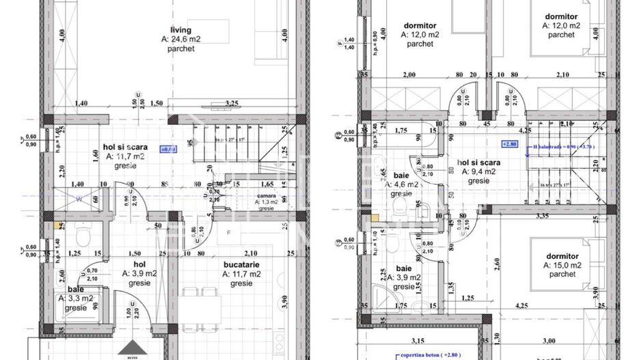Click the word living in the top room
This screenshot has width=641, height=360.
[181, 29]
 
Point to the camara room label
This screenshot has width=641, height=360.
[267, 195]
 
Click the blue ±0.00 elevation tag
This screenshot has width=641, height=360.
[167, 148]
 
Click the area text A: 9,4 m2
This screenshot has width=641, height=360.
[478, 172]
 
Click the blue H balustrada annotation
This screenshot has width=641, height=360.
[563, 145]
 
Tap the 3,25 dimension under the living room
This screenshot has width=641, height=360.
[232, 103]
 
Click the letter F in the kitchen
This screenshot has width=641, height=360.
[228, 233]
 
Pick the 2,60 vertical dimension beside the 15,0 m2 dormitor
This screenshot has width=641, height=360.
[496, 260]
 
